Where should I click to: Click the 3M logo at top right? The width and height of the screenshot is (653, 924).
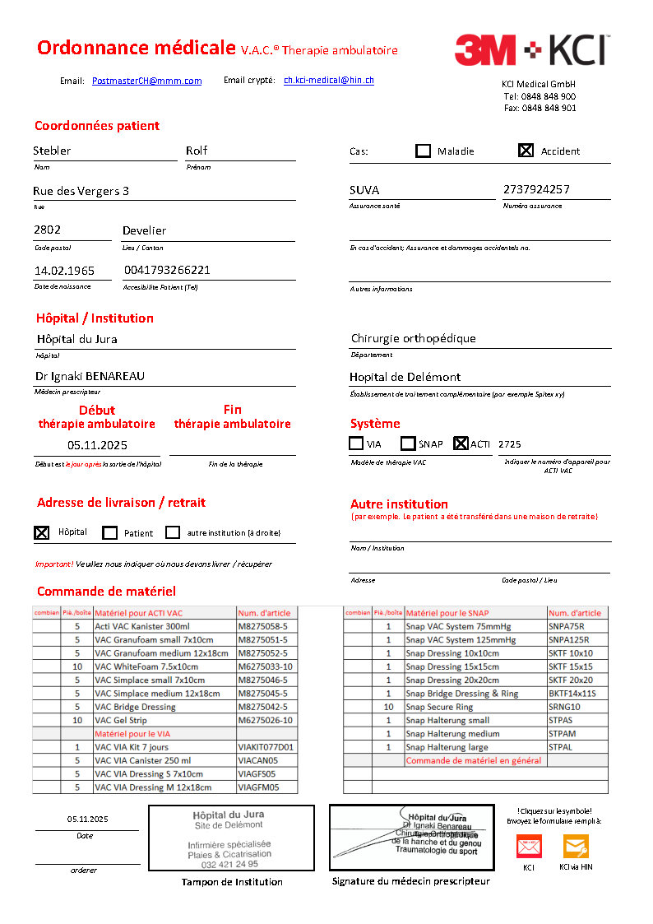(485, 49)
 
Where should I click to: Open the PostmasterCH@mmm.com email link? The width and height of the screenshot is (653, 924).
(146, 81)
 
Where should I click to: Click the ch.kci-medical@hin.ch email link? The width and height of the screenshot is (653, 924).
(328, 80)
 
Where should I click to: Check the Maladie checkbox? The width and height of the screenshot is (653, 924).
(423, 151)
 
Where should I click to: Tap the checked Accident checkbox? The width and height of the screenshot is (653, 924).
(526, 151)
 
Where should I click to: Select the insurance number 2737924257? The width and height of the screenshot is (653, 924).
(536, 189)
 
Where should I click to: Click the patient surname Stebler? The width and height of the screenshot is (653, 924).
(52, 151)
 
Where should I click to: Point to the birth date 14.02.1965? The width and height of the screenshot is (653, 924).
(64, 270)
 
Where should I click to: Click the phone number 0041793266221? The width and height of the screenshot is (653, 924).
(167, 270)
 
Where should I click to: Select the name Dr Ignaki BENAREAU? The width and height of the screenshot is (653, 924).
(90, 376)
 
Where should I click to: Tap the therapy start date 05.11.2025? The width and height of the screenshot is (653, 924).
(98, 444)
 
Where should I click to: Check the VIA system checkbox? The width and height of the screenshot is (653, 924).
(356, 443)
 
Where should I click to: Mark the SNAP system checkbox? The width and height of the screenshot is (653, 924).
(408, 443)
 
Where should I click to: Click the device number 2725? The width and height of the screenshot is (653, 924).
(509, 444)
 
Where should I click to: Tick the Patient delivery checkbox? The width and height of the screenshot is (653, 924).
(110, 532)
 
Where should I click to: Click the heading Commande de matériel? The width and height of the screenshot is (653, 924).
(106, 591)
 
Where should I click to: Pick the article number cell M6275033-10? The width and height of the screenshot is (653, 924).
(265, 666)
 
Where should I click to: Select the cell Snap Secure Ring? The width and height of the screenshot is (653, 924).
(439, 707)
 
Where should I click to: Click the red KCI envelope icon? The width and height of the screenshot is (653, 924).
(528, 846)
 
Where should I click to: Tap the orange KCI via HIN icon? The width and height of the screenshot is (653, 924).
(576, 846)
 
